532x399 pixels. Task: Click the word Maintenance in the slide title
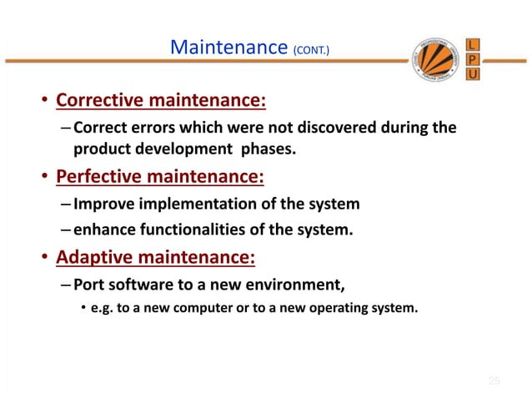point(228,48)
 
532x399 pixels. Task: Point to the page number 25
point(494,381)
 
